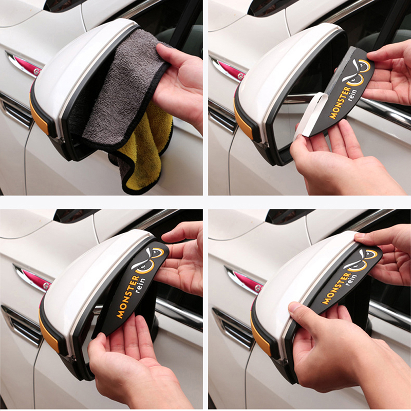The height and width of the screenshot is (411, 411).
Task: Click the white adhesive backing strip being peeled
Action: (x=311, y=115)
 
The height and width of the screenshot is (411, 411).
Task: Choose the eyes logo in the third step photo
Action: (x=147, y=260)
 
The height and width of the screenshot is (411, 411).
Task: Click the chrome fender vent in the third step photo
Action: (x=21, y=325)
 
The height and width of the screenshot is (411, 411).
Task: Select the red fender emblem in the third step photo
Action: (x=34, y=278)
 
